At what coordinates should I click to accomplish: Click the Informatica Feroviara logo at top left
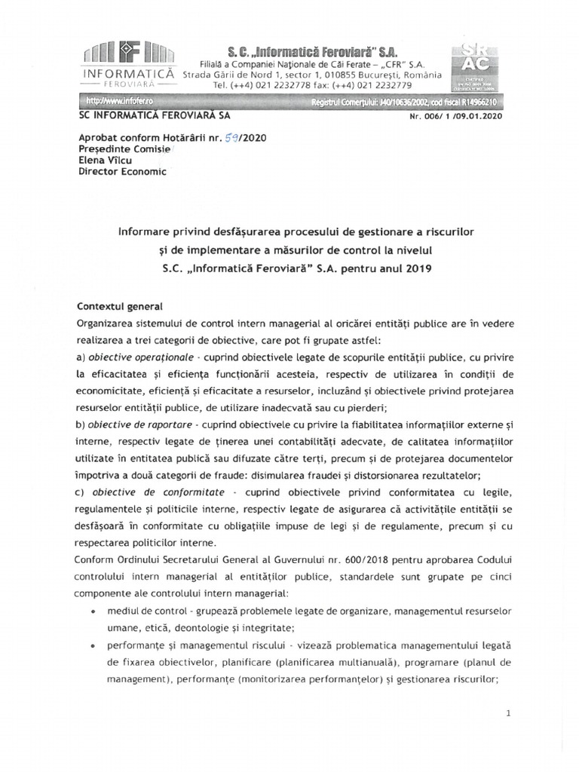[127, 67]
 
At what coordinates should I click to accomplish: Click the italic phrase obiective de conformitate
[142, 492]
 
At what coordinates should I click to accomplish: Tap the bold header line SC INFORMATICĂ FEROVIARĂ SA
[155, 115]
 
